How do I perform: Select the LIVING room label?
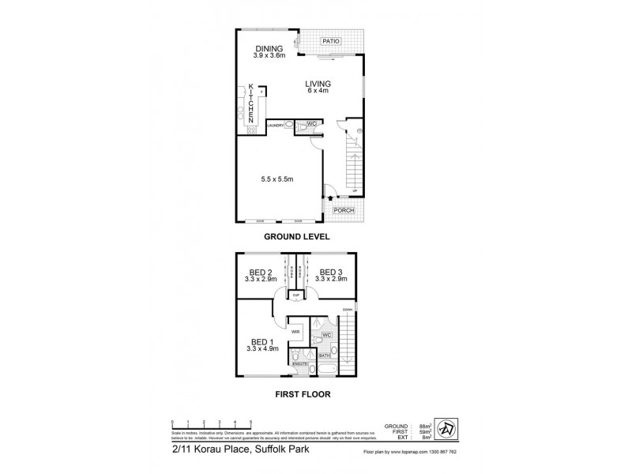(x=320, y=85)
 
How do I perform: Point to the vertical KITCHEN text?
(x=251, y=103)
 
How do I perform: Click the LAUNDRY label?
(x=276, y=125)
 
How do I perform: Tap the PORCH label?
(x=344, y=210)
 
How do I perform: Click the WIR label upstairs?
(x=295, y=332)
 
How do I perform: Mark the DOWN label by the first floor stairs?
(x=347, y=309)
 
